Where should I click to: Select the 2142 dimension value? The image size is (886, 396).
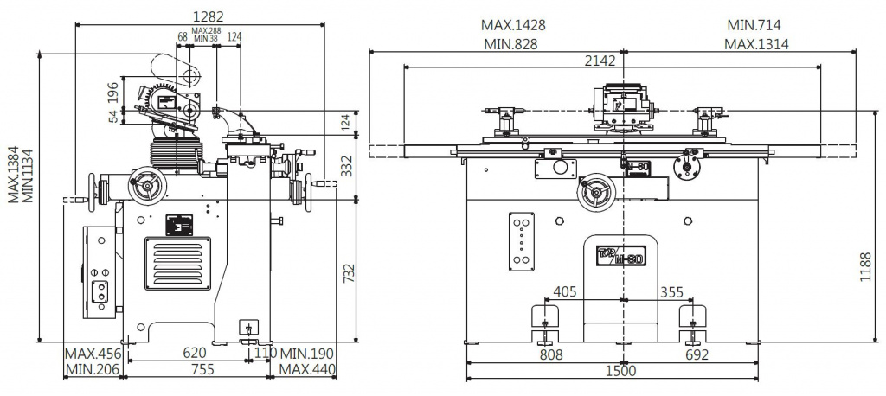599,61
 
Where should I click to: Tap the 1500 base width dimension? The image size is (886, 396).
620,371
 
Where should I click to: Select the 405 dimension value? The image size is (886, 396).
565,291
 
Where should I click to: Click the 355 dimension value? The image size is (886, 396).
671,291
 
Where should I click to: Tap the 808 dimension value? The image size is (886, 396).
551,354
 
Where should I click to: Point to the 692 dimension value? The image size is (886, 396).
697,354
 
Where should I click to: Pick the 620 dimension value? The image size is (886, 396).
195,353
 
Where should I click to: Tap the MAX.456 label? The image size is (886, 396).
93,354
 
